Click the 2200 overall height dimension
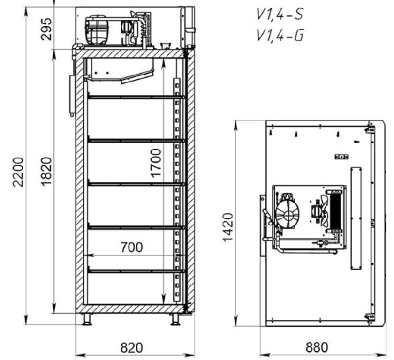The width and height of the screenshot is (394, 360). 18,172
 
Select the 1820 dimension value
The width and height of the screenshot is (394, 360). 46,172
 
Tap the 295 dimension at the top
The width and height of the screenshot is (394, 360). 46,30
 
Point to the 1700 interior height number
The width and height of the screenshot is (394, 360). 156,163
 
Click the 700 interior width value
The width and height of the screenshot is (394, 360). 132,247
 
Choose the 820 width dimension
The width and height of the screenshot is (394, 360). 132,348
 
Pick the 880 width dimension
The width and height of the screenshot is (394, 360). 317,347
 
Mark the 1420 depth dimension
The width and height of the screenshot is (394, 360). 228,227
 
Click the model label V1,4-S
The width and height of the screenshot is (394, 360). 280,14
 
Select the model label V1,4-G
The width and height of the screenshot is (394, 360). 280,35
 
